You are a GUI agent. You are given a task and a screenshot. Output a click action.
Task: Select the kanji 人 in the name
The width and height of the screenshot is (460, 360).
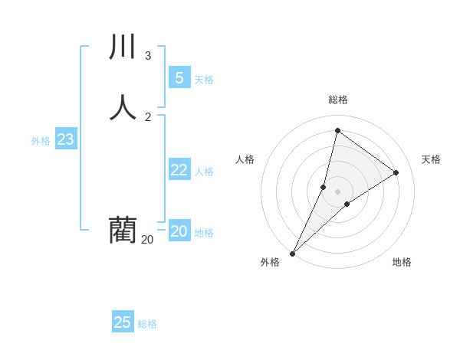123,107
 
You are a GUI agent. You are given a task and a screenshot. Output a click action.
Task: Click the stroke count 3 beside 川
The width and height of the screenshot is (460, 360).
148,56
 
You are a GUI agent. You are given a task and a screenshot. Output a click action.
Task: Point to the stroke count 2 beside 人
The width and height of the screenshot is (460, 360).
148,116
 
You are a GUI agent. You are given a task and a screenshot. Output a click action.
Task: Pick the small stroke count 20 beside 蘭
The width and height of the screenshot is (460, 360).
147,240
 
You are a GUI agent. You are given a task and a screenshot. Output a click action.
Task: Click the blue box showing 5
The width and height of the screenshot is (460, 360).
179,77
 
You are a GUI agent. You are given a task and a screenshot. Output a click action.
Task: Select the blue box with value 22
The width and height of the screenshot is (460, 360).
179,170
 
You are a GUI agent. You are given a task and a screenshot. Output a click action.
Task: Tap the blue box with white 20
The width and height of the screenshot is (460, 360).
179,231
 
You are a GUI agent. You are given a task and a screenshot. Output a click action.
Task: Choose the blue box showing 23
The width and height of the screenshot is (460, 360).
65,139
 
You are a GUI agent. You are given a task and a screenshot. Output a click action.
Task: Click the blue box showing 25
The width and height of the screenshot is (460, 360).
123,322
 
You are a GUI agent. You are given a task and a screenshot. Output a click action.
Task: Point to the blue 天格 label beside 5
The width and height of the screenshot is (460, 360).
204,80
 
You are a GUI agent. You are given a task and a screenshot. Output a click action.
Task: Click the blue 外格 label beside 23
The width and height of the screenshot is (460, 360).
41,141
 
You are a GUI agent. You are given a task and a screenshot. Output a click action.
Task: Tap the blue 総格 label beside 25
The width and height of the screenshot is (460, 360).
147,324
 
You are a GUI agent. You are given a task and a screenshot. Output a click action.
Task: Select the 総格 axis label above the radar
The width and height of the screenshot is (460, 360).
338,100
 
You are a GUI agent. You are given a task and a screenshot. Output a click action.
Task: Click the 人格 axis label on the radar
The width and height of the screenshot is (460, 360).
245,159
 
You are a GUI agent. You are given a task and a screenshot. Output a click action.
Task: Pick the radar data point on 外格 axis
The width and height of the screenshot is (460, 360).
292,253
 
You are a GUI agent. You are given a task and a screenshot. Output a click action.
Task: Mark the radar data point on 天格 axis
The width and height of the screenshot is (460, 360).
396,173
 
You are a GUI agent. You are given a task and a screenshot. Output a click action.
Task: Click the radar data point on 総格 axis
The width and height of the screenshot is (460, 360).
337,130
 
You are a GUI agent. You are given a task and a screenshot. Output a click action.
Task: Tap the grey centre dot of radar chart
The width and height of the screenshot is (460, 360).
337,191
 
